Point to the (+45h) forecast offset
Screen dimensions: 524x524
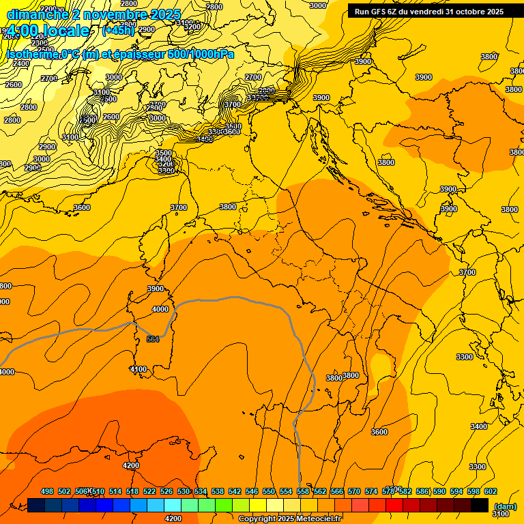click(x=117, y=31)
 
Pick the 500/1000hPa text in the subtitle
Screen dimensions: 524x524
click(x=197, y=55)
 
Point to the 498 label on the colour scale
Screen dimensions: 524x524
click(x=47, y=491)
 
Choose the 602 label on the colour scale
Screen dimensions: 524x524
click(x=491, y=491)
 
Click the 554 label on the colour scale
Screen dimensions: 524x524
click(x=286, y=491)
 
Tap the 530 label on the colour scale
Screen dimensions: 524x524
click(x=184, y=491)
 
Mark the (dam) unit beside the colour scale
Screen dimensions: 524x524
click(x=505, y=506)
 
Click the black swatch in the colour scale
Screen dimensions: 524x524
click(x=480, y=506)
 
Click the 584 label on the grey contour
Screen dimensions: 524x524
click(x=152, y=339)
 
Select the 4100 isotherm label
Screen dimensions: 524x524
click(x=138, y=369)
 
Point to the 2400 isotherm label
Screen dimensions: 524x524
click(x=21, y=63)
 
